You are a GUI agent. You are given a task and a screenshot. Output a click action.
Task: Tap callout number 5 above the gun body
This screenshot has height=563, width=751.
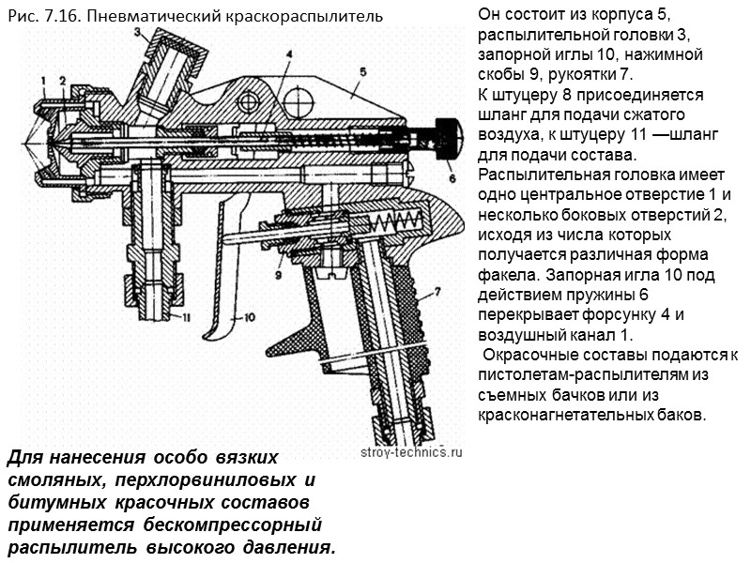(361, 70)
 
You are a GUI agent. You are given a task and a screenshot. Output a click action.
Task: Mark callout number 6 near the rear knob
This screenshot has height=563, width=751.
(452, 176)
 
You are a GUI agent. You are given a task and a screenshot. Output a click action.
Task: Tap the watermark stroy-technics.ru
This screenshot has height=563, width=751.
(412, 451)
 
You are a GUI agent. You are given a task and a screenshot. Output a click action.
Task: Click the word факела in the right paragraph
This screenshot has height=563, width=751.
(507, 276)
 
